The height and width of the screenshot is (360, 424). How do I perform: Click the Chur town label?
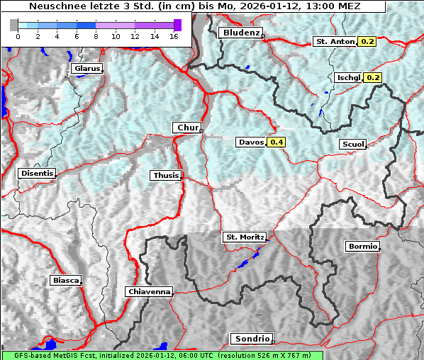(x=186, y=128)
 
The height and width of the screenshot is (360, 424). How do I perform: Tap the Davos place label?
(x=251, y=142)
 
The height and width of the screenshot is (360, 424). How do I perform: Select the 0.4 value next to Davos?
(x=277, y=142)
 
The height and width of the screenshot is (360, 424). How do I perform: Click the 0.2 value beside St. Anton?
(x=367, y=42)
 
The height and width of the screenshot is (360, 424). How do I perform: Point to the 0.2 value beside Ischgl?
(x=373, y=77)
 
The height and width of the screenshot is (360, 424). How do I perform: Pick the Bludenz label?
(x=240, y=33)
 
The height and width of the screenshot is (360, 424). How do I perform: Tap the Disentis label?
(x=37, y=173)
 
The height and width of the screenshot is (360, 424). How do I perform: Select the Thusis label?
(x=166, y=175)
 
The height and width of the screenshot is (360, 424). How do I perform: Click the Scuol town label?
(x=352, y=145)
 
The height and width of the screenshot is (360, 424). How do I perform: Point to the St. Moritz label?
(x=244, y=237)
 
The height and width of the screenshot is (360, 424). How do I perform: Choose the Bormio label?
(x=362, y=247)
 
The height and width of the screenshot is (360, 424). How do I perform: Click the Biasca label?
(x=66, y=281)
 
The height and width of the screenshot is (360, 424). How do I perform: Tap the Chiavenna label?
(x=149, y=291)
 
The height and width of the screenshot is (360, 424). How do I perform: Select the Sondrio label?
(x=251, y=339)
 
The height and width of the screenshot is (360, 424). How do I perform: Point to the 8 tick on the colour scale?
(x=96, y=35)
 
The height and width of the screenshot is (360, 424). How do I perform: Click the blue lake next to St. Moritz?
(x=245, y=263)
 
